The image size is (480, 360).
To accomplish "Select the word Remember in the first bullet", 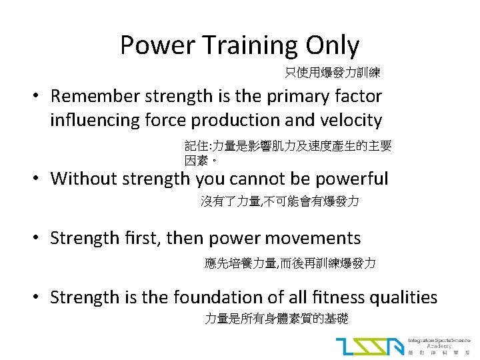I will [x=95, y=96].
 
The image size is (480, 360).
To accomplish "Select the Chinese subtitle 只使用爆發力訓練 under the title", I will [x=333, y=72].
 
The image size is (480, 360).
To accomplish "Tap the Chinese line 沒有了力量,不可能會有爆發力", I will [x=279, y=201].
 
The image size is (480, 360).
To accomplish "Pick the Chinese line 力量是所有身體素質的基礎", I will [x=276, y=319].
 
